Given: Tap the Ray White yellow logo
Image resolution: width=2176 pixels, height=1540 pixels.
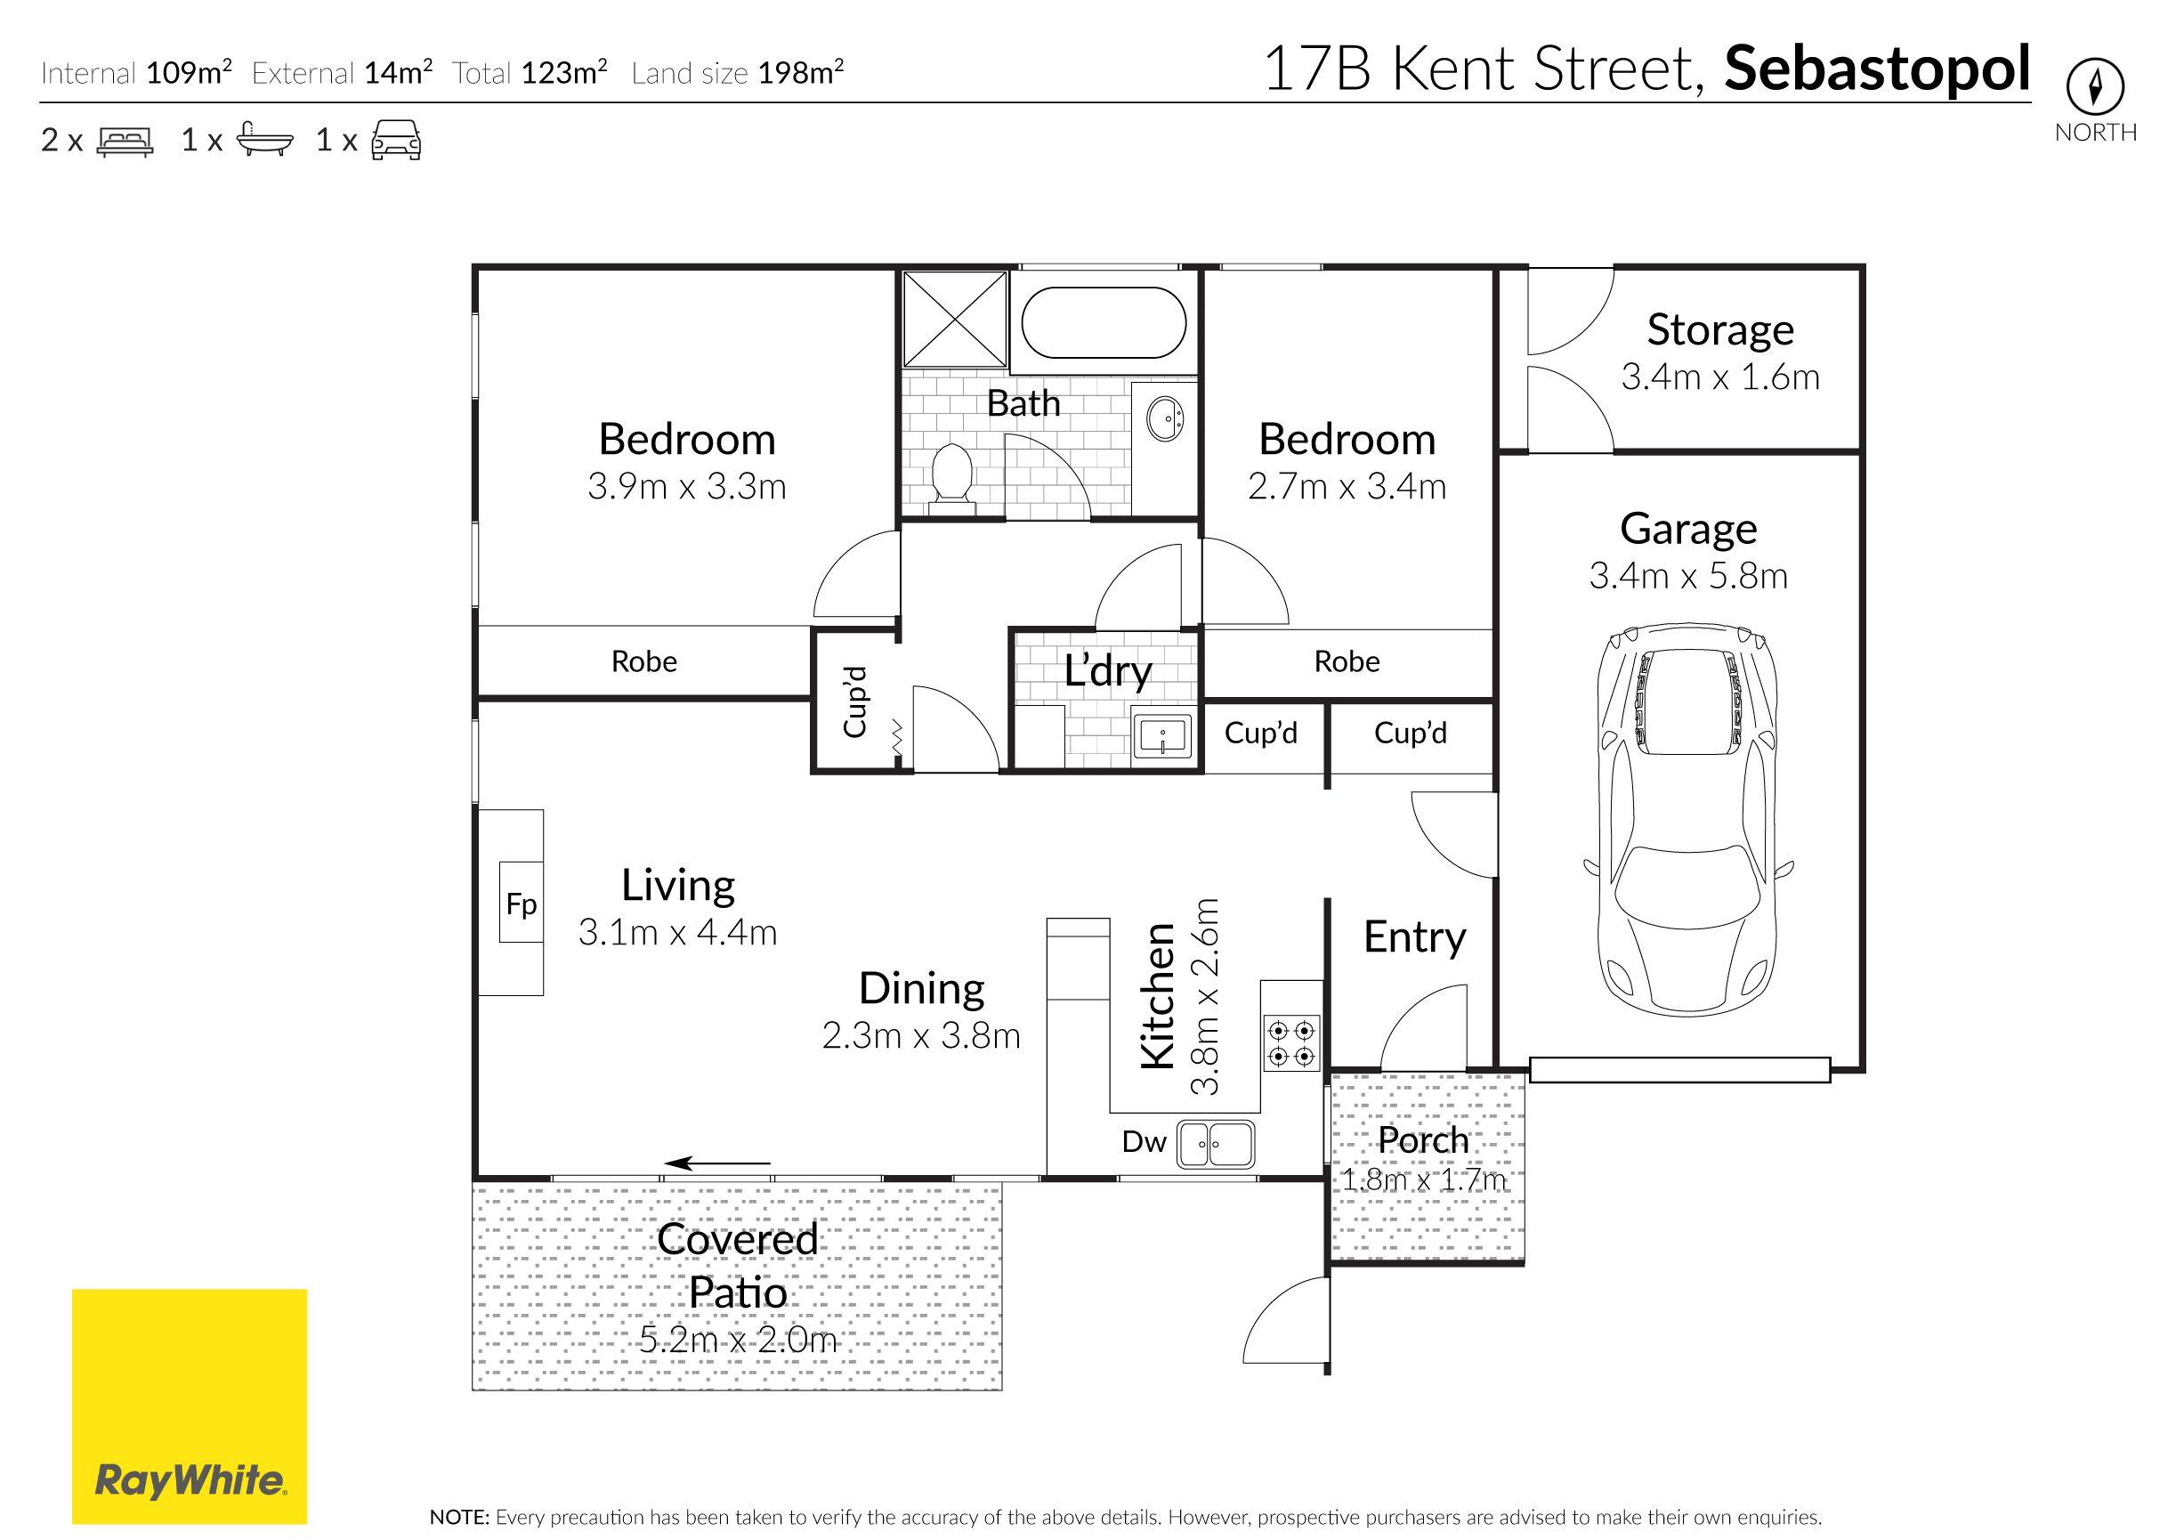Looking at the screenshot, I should tap(190, 1406).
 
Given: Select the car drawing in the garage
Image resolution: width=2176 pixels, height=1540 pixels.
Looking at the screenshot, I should tap(1687, 820).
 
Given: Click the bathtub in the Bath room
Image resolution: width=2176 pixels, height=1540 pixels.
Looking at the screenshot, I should tap(1104, 322).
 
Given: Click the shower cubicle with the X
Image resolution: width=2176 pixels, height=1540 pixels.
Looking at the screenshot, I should tap(954, 319).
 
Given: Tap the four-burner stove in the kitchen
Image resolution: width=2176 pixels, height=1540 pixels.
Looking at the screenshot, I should tap(1290, 1042).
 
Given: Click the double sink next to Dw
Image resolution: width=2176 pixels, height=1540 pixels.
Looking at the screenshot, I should tap(1216, 1144).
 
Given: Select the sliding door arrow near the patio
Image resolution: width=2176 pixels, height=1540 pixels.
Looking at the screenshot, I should tap(716, 1163).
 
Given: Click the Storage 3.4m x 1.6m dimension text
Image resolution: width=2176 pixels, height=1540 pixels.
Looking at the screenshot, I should tap(1719, 377).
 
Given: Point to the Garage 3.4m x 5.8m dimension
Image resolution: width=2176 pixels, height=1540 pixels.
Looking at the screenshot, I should tap(1687, 576).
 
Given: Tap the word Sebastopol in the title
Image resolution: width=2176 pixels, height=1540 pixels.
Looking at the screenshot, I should tap(1876, 69).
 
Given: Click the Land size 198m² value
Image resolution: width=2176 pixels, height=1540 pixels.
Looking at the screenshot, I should tap(800, 72).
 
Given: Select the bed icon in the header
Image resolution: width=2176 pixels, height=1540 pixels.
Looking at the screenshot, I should tap(125, 142).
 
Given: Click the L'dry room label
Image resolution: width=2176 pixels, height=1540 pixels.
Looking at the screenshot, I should tap(1106, 670).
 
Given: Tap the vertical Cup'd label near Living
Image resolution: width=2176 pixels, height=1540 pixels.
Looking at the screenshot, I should tap(855, 701).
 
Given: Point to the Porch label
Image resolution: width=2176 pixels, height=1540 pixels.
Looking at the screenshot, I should tap(1422, 1139).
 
